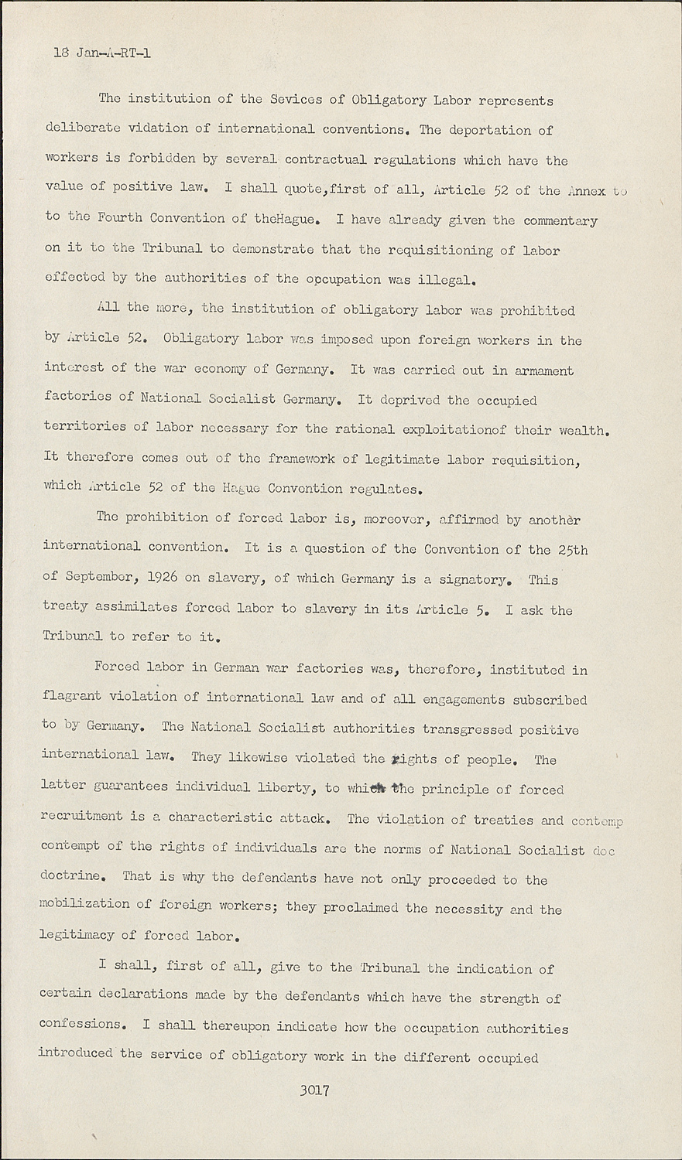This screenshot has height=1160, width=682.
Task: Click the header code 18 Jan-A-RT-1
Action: point(102,53)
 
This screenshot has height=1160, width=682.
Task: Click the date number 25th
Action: point(573,549)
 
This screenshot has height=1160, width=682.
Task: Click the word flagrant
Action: point(71,697)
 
